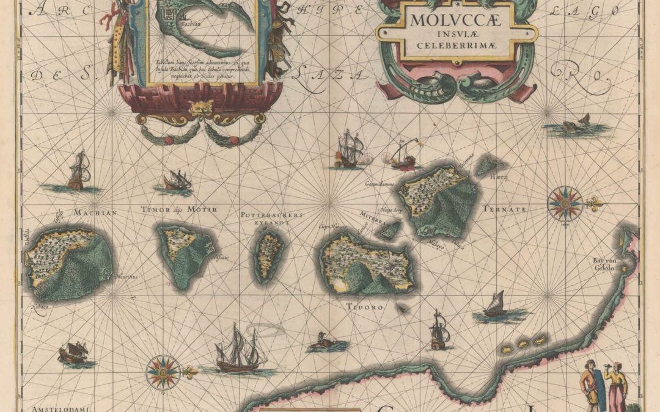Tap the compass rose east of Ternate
[x=565, y=203]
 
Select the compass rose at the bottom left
[x=163, y=370]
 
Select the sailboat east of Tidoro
[x=496, y=305]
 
